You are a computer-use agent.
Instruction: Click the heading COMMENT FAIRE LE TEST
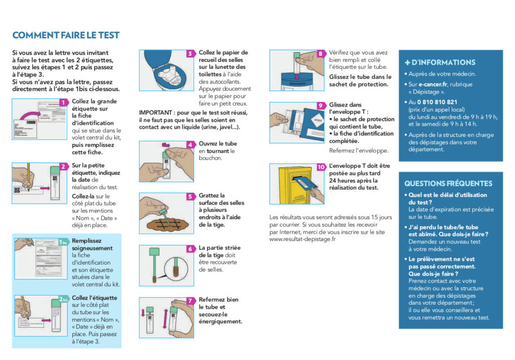point(66,35)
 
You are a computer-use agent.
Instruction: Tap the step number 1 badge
point(63,103)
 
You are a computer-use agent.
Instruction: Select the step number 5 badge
point(190,197)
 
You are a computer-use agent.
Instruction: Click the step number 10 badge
point(320,167)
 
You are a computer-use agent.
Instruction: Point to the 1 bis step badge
point(63,242)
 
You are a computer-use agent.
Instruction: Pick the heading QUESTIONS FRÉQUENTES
point(449,184)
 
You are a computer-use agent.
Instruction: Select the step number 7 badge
point(190,301)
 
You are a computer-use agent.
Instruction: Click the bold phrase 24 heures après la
point(354,181)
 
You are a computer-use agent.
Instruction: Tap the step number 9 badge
point(320,106)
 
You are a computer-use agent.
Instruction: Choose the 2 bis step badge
point(63,299)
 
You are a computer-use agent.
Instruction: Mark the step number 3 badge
point(190,54)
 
